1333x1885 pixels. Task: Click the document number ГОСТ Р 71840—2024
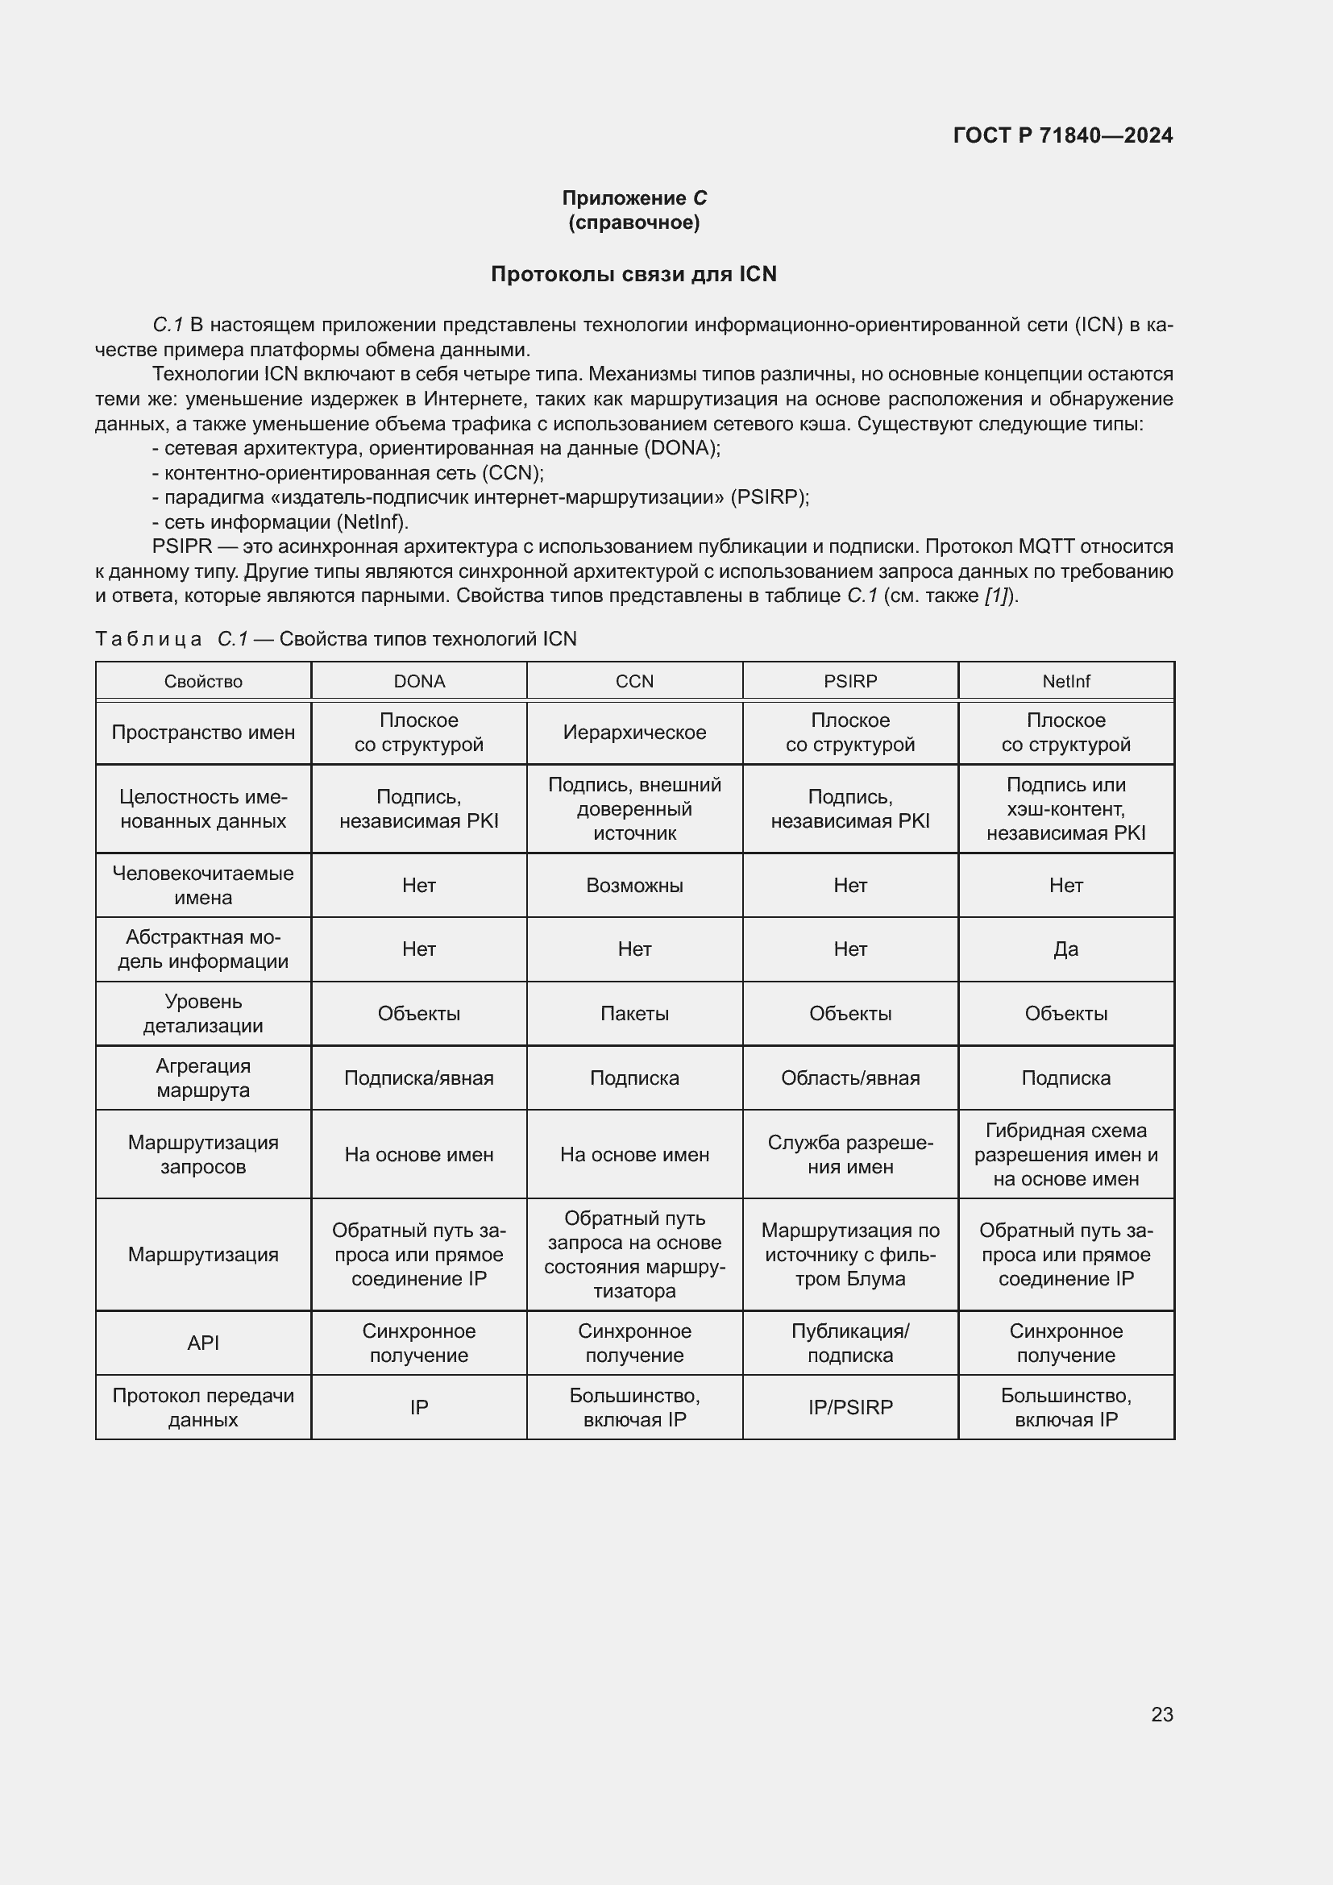coord(1062,135)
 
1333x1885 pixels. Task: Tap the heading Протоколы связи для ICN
coord(633,274)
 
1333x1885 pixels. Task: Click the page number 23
coord(1161,1714)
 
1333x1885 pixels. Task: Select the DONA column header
coord(418,682)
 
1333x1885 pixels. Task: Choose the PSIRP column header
coord(850,682)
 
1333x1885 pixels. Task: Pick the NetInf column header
coord(1065,682)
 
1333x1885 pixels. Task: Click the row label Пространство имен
coord(203,733)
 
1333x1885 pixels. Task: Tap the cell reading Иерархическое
coord(634,733)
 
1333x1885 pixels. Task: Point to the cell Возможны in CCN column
coord(634,885)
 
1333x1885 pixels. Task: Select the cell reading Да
coord(1065,949)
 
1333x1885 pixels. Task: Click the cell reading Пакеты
coord(634,1013)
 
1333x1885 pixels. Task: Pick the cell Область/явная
coord(850,1078)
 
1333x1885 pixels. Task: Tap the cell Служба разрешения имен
coord(850,1154)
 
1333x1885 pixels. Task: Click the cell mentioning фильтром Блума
coord(850,1255)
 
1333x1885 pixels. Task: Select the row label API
coord(203,1343)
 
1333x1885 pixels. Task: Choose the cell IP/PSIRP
coord(850,1407)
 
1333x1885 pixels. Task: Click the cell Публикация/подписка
coord(850,1343)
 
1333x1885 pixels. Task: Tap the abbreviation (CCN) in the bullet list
coord(513,473)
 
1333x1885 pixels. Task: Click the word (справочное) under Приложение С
coord(633,222)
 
